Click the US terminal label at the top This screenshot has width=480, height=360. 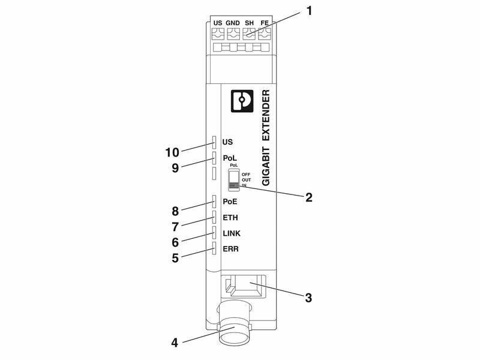[218, 23]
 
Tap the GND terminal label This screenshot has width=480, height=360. [233, 23]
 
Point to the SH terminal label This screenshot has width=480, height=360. [249, 23]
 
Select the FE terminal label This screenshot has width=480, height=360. [265, 23]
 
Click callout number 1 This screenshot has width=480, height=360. [309, 11]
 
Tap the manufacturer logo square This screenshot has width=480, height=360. [242, 101]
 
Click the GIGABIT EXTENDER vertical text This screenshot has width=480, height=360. [266, 138]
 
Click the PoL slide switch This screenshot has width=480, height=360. [234, 181]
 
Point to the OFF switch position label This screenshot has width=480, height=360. [246, 175]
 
